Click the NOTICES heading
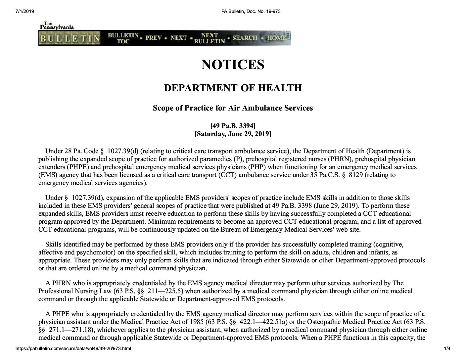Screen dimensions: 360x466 [233, 65]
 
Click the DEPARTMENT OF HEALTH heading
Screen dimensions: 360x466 [233, 88]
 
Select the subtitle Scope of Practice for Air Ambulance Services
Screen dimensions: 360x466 [233, 108]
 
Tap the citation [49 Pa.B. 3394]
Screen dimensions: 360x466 [233, 126]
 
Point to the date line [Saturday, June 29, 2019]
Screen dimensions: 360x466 [233, 134]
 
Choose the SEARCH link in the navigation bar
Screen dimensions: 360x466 [245, 38]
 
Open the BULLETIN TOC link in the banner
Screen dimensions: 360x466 [123, 38]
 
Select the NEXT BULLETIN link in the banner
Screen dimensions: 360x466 [209, 38]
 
